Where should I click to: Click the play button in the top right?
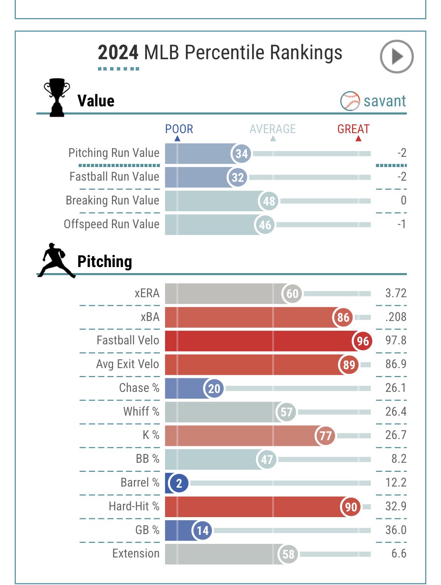(x=397, y=57)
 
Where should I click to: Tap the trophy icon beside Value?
(x=57, y=97)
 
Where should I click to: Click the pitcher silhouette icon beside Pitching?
(x=56, y=261)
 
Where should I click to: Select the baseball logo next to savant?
(x=350, y=101)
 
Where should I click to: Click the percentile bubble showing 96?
(x=362, y=341)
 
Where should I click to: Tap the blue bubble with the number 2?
(x=179, y=483)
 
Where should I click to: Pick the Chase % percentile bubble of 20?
(x=214, y=388)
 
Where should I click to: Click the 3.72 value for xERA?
(x=395, y=293)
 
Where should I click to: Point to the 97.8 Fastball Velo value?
(x=395, y=340)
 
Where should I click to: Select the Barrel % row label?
(x=140, y=482)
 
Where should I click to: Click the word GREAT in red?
(x=353, y=129)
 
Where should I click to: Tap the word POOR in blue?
(x=179, y=129)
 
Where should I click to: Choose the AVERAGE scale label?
(x=273, y=129)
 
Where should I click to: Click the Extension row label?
(x=136, y=553)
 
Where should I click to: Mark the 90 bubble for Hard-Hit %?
(x=351, y=507)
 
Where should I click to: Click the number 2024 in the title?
(x=118, y=52)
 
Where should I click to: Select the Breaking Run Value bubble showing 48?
(x=269, y=201)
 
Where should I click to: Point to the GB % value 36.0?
(x=395, y=530)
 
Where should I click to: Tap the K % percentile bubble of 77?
(x=325, y=436)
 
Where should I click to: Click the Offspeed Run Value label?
(x=112, y=224)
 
